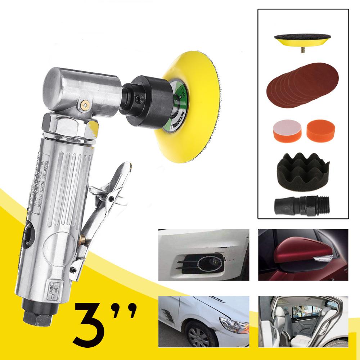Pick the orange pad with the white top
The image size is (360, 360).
click(285, 132)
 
